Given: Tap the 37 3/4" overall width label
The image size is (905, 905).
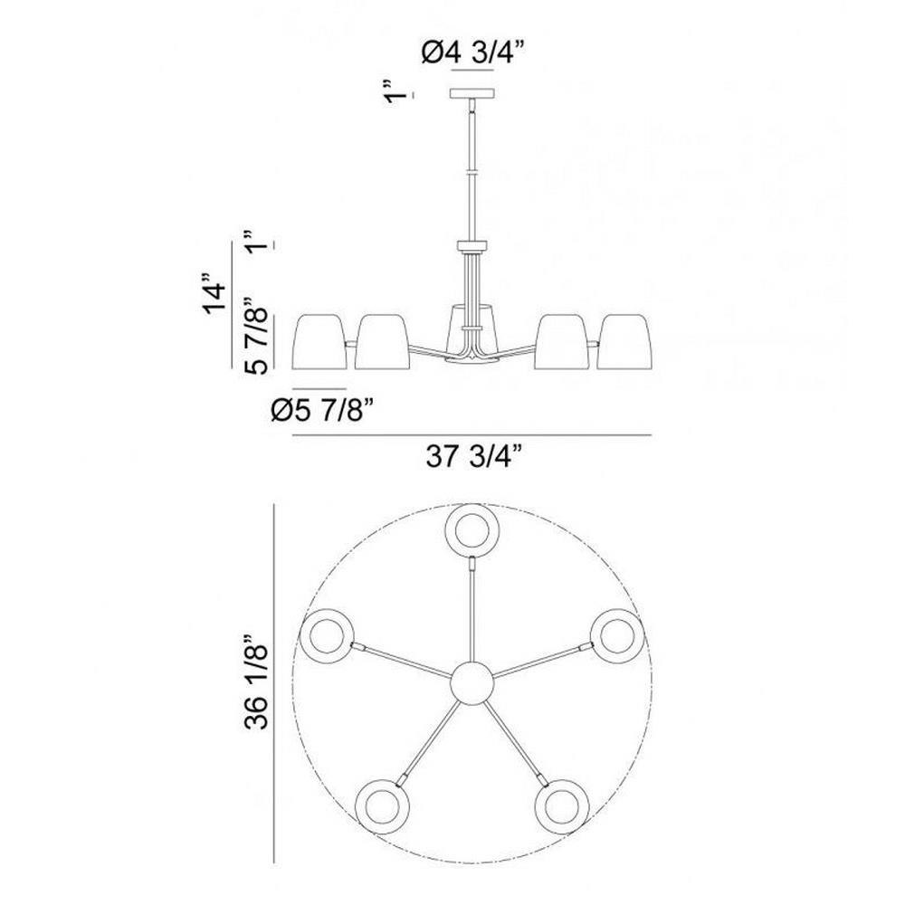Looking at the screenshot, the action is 474,457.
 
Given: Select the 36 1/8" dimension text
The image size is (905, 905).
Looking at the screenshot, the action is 257,681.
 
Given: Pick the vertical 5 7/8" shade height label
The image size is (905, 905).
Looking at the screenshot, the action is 257,336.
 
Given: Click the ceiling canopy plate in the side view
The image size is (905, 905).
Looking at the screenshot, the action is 472,93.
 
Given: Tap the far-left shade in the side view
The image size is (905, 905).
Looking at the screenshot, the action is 321,342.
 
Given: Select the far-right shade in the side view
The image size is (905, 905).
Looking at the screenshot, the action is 624,342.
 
